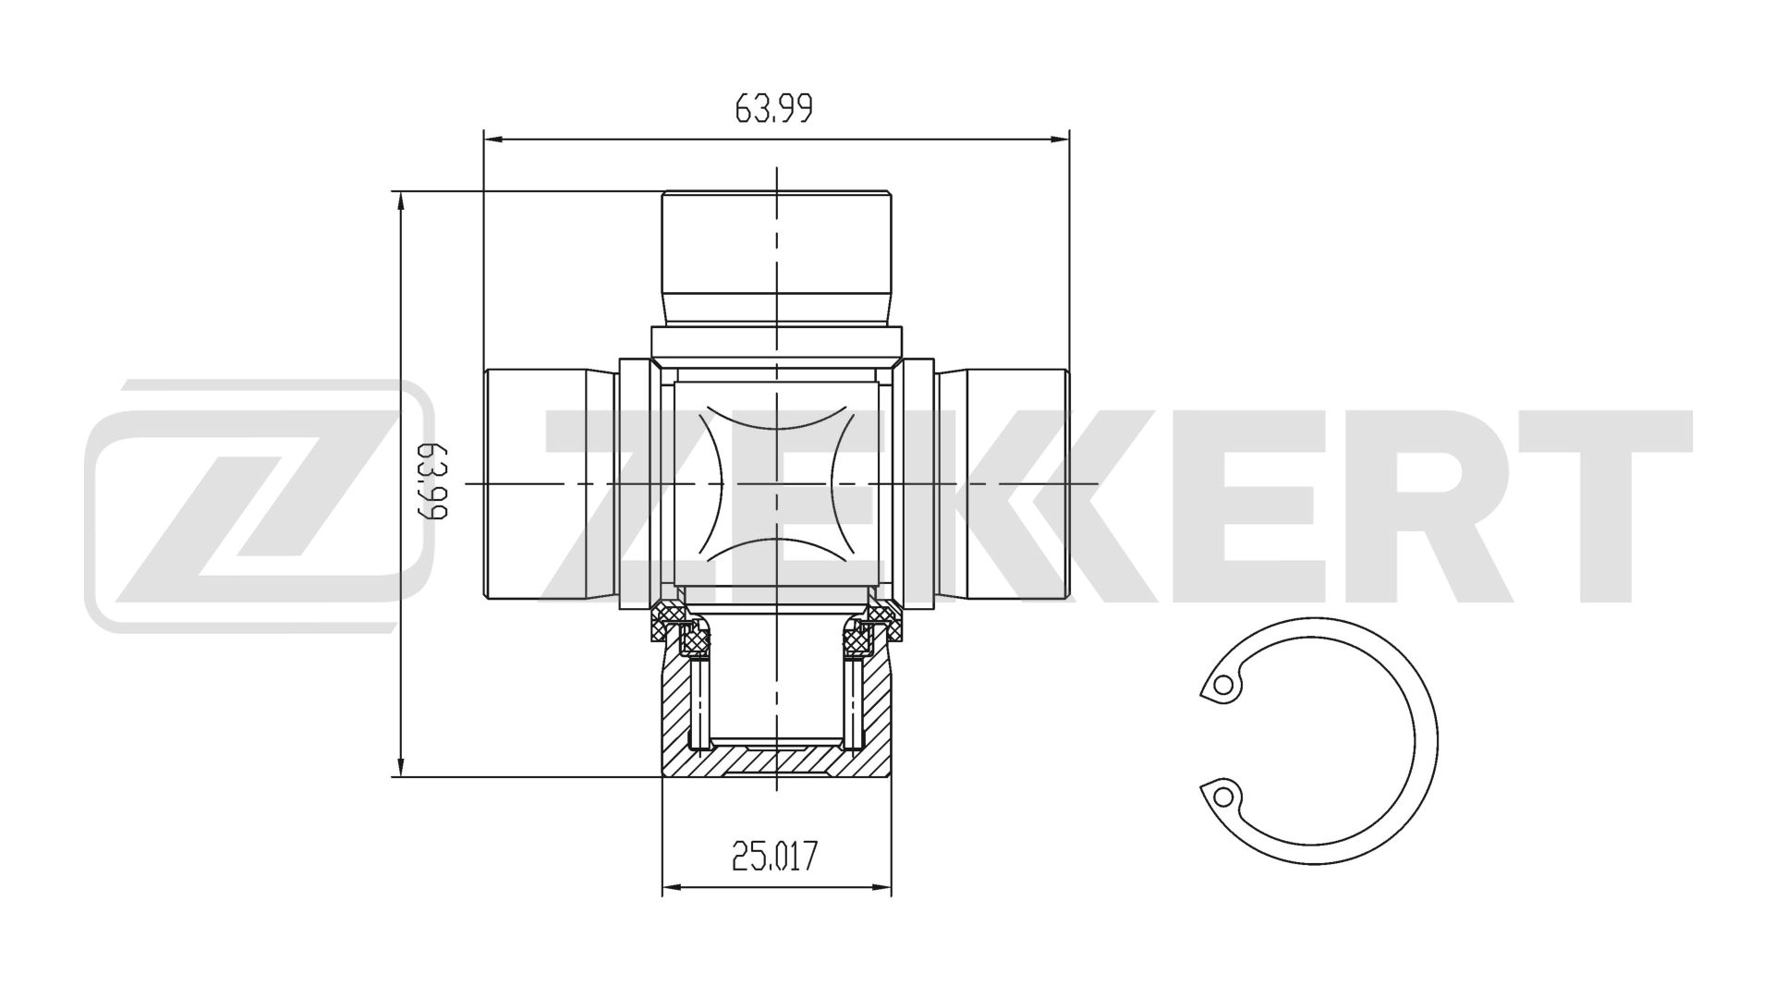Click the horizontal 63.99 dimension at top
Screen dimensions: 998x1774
click(773, 109)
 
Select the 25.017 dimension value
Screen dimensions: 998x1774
click(774, 857)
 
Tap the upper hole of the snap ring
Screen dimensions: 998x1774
click(1223, 686)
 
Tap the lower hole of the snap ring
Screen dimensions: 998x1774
click(1223, 795)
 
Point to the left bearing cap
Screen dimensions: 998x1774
click(549, 483)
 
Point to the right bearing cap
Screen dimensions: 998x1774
click(1002, 483)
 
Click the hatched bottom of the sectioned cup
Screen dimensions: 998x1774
click(776, 763)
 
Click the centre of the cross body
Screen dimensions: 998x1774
click(776, 483)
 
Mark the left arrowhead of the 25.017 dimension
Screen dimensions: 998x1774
click(671, 887)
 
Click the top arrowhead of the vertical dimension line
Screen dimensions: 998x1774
click(400, 200)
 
